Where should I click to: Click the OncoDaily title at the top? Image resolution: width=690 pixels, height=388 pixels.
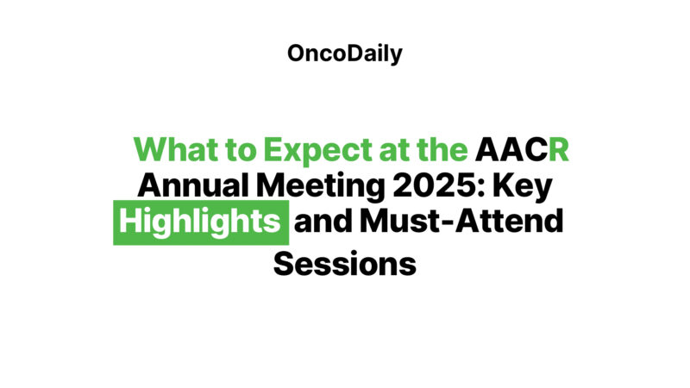[x=345, y=53]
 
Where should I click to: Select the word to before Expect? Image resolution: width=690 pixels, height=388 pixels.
[x=241, y=150]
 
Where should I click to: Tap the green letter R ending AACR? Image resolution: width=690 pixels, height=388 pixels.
[x=558, y=149]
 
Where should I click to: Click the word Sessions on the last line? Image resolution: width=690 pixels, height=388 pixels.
[x=345, y=261]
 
